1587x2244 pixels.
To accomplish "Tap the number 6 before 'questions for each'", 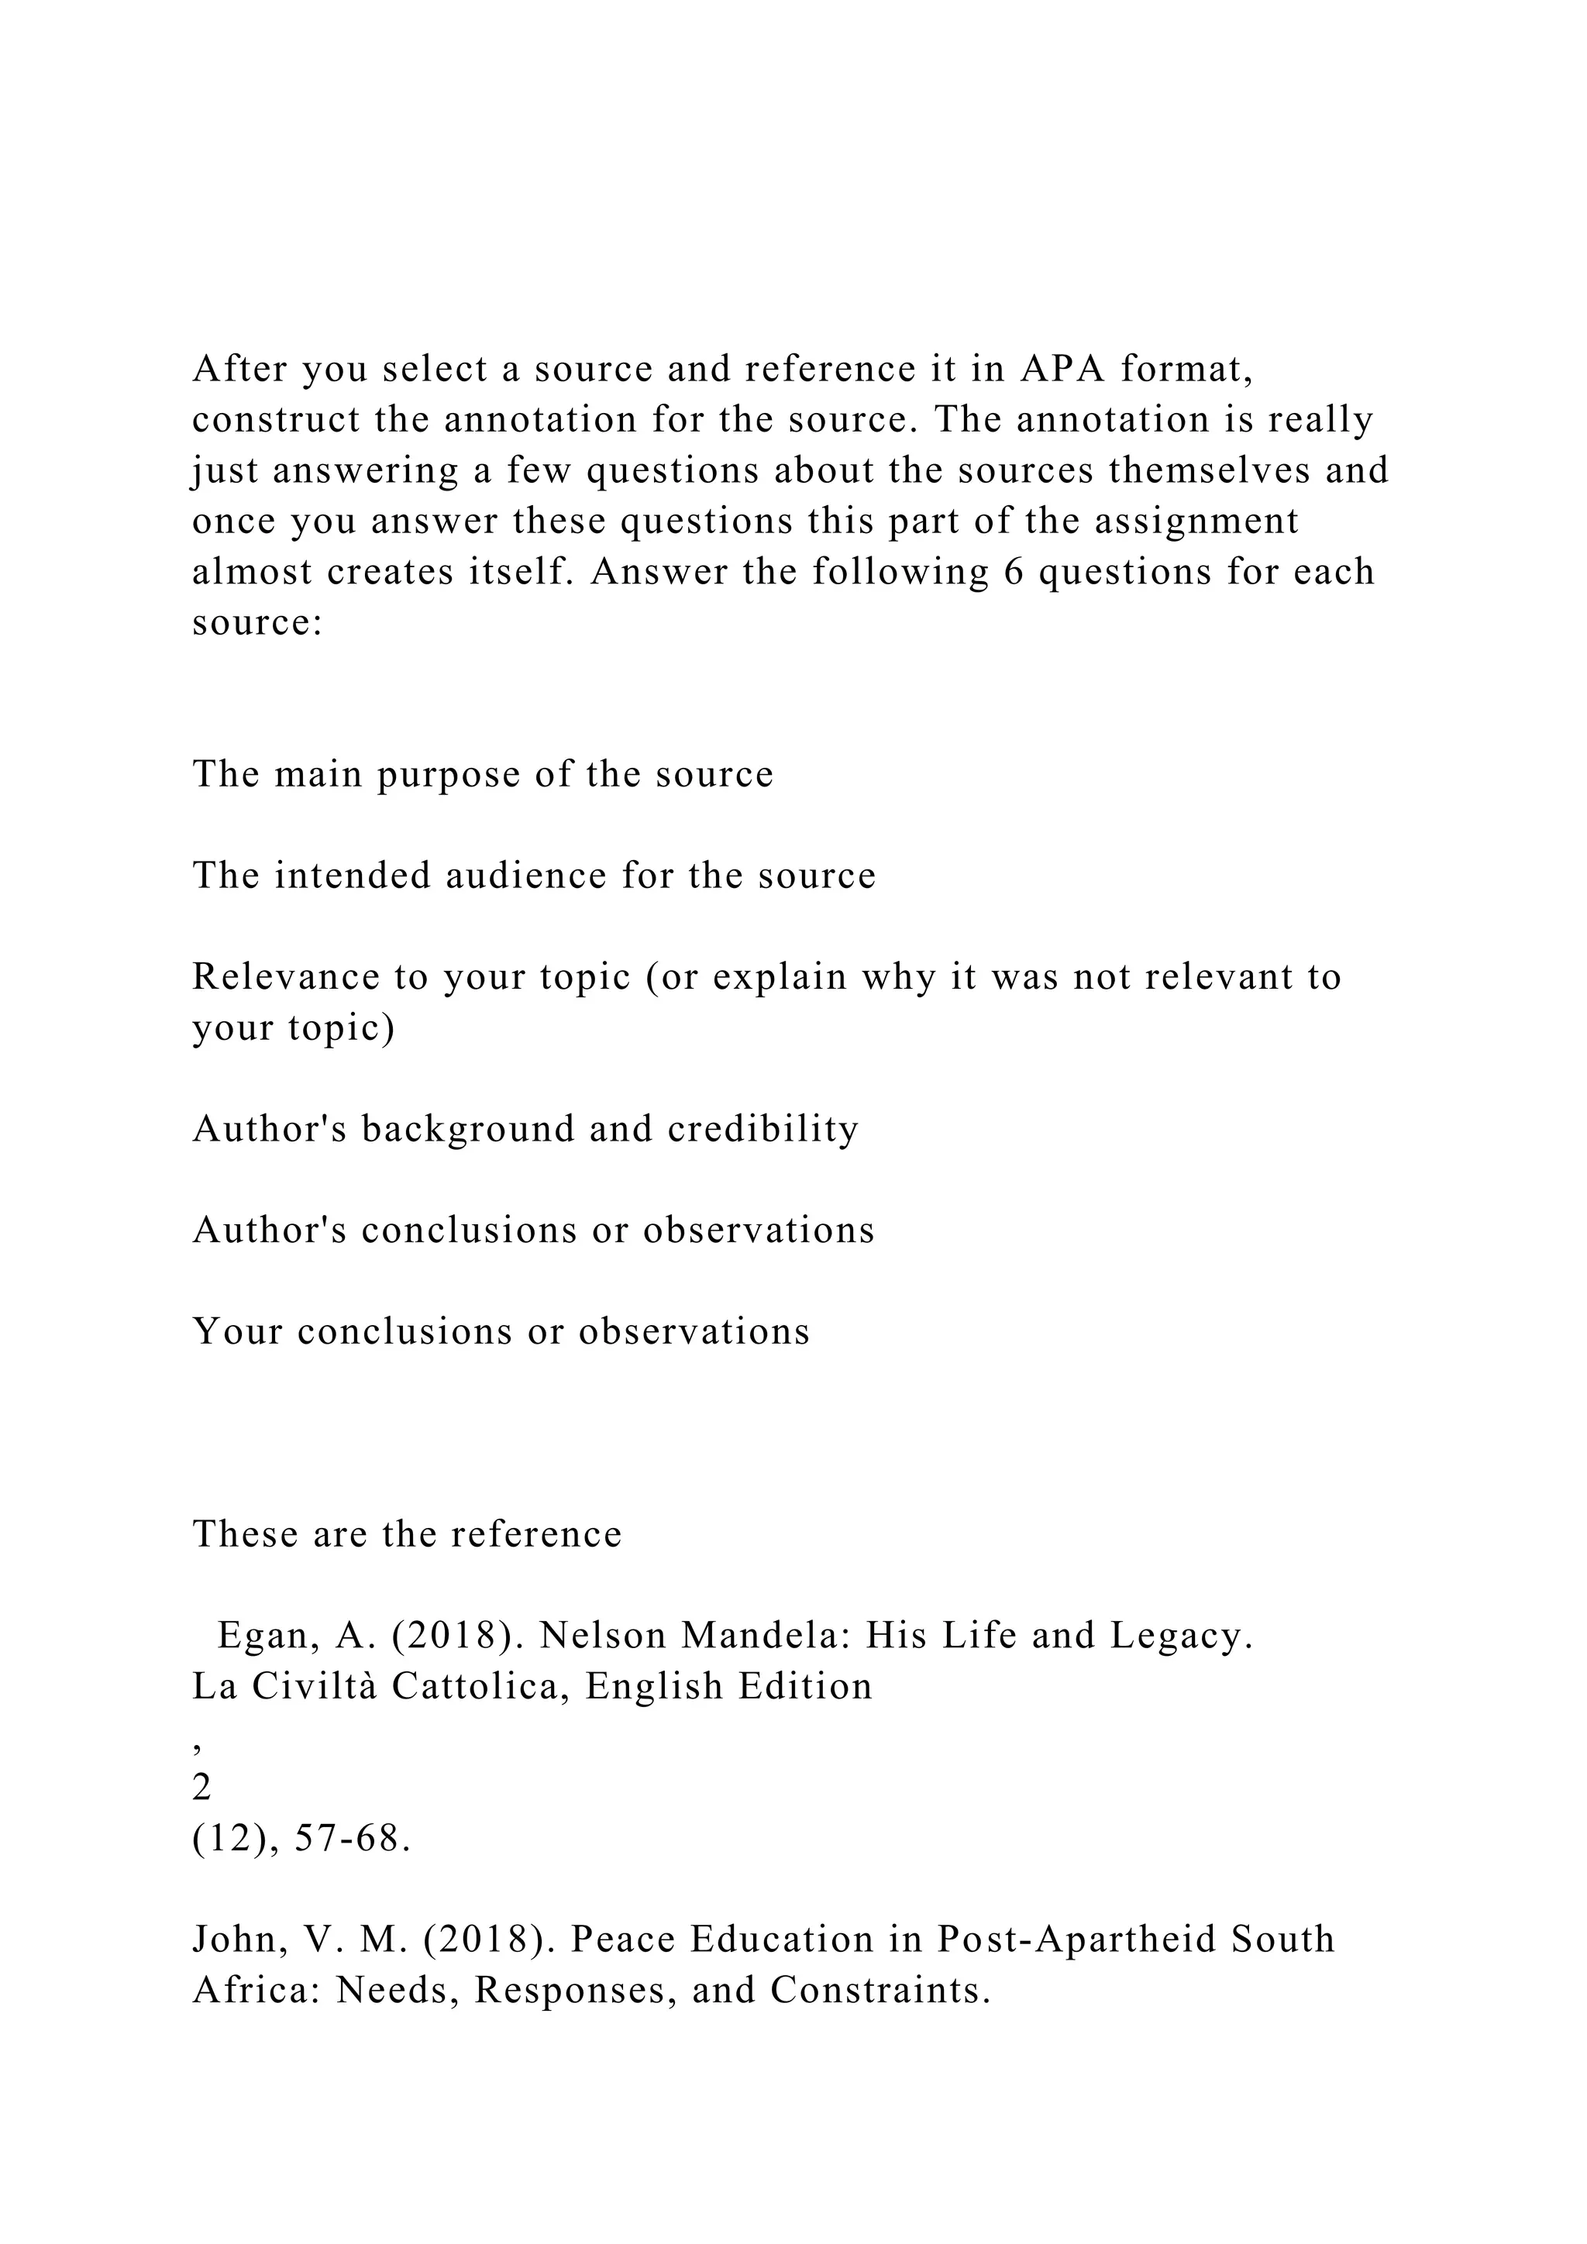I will (x=1012, y=572).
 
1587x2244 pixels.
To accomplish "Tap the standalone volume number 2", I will (x=201, y=1788).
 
